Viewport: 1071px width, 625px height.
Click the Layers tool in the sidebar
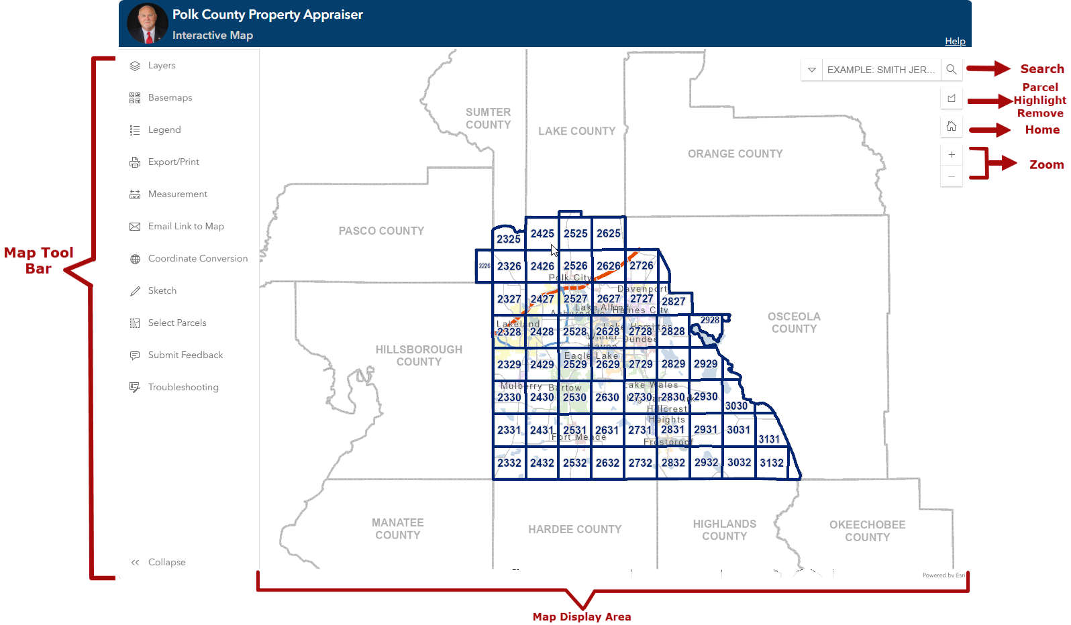(161, 66)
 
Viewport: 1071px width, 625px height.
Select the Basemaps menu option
(169, 98)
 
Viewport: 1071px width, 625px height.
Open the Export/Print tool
(173, 162)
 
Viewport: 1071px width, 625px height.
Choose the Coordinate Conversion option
(197, 259)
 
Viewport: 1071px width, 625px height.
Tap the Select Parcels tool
(176, 323)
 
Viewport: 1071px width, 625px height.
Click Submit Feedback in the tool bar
(185, 355)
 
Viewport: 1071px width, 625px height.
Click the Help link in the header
(955, 42)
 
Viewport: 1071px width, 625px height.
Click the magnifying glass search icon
(952, 70)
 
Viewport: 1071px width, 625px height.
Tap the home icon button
(952, 126)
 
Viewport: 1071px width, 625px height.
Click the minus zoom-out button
(952, 176)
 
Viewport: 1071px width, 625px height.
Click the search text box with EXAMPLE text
(880, 70)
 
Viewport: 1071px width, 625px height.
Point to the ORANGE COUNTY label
(735, 154)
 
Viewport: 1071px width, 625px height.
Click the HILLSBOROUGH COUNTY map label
(419, 355)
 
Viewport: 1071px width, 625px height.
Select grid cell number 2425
(542, 234)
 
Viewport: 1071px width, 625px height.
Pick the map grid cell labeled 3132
(772, 463)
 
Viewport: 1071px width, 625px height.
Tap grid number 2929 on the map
(705, 364)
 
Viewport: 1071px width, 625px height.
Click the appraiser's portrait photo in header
(148, 23)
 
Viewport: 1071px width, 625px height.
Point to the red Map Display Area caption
(582, 617)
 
